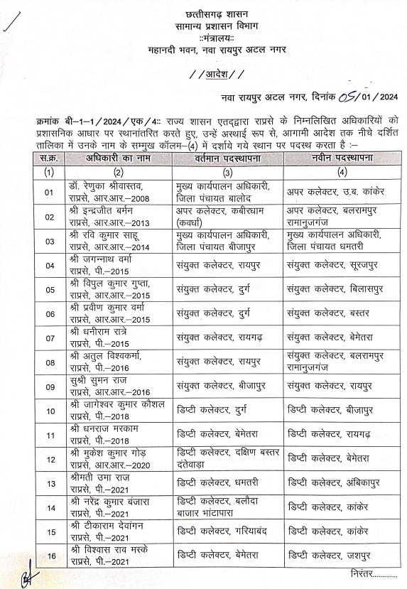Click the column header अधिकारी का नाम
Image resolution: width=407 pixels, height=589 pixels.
point(118,158)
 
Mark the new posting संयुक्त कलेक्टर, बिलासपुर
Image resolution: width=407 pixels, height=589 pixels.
point(335,290)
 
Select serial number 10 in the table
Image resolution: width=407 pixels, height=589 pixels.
point(49,410)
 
